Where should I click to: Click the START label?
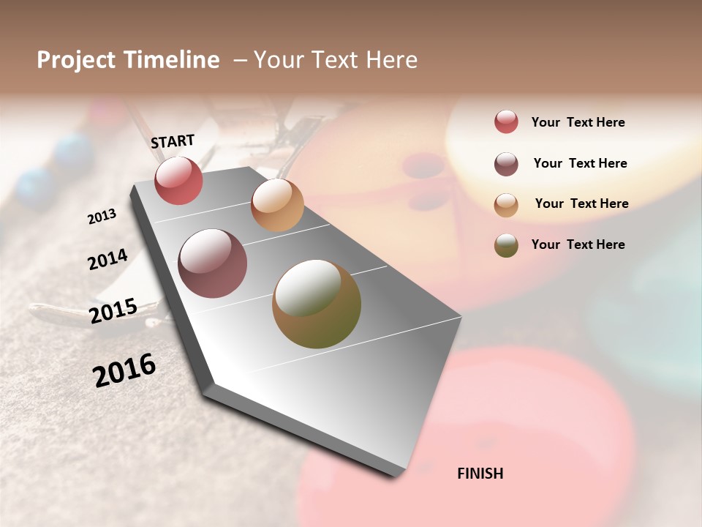173,141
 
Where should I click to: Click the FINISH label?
480,474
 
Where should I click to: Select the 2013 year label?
102,217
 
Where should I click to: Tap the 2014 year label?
107,259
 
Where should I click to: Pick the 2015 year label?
113,311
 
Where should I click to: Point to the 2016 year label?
124,370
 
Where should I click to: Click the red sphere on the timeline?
178,181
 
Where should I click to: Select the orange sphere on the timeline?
277,205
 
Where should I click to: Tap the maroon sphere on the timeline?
212,263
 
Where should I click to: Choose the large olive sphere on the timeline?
317,304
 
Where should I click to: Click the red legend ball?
506,122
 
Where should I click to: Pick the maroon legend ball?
506,164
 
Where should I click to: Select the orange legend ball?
506,205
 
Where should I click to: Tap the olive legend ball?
506,245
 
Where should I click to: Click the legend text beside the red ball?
578,122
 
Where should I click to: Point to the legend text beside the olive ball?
578,244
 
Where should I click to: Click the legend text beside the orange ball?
581,203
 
